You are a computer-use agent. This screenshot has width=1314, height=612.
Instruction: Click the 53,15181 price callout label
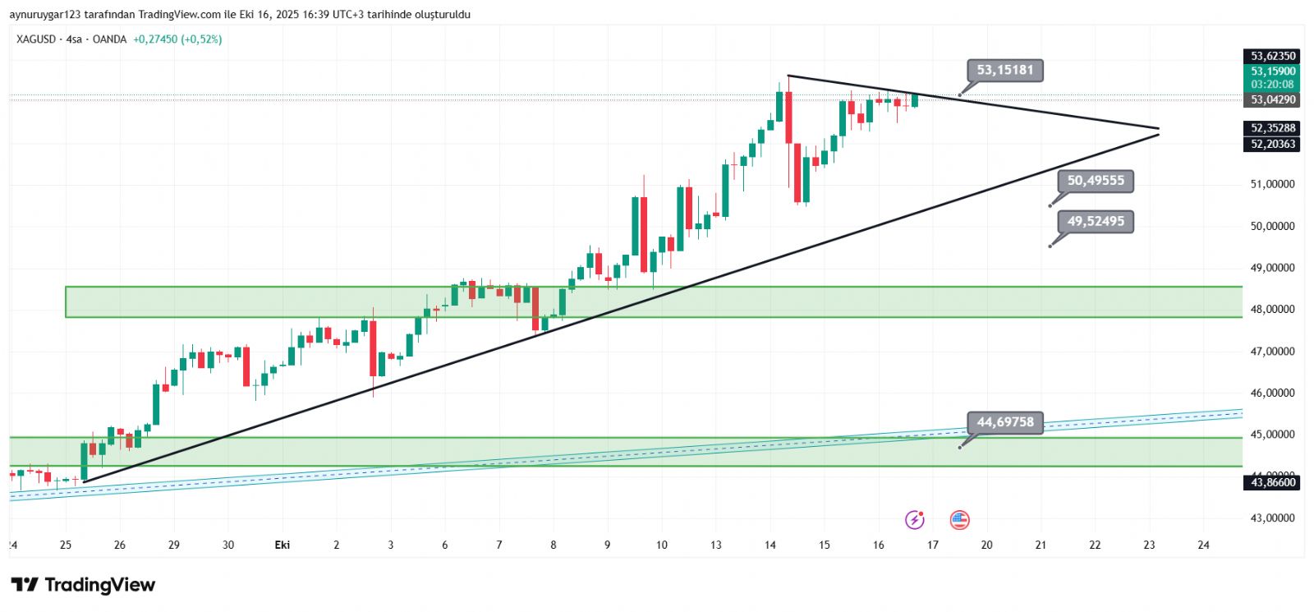(1005, 70)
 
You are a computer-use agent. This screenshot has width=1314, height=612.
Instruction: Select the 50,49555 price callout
(1096, 181)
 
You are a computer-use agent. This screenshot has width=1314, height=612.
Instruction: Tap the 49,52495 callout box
(1096, 221)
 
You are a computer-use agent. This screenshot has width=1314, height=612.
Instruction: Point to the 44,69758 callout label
(1005, 422)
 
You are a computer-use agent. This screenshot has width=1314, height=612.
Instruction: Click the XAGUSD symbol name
(36, 39)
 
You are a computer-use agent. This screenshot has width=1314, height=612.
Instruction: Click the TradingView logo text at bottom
(83, 585)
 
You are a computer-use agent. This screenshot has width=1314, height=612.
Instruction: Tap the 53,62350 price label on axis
(1273, 56)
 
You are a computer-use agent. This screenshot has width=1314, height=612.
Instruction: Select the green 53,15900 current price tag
(1273, 71)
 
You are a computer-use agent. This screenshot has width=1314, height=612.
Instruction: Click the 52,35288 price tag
(1273, 128)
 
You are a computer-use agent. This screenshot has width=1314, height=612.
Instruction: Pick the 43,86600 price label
(1273, 482)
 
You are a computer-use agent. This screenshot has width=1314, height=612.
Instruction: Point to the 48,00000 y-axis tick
(1272, 310)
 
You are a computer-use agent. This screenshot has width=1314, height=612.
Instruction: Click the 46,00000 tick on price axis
(1272, 393)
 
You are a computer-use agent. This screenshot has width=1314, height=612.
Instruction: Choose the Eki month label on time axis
(283, 545)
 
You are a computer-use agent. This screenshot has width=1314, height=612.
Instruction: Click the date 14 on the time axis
(770, 545)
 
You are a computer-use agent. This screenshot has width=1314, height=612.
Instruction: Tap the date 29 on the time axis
(174, 545)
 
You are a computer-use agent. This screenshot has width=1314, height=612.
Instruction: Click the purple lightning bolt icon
(914, 519)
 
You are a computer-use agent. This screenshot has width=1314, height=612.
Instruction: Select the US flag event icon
(959, 519)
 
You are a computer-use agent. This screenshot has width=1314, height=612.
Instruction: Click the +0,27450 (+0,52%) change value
(177, 39)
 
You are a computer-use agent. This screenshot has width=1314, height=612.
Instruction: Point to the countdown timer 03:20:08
(1273, 85)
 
